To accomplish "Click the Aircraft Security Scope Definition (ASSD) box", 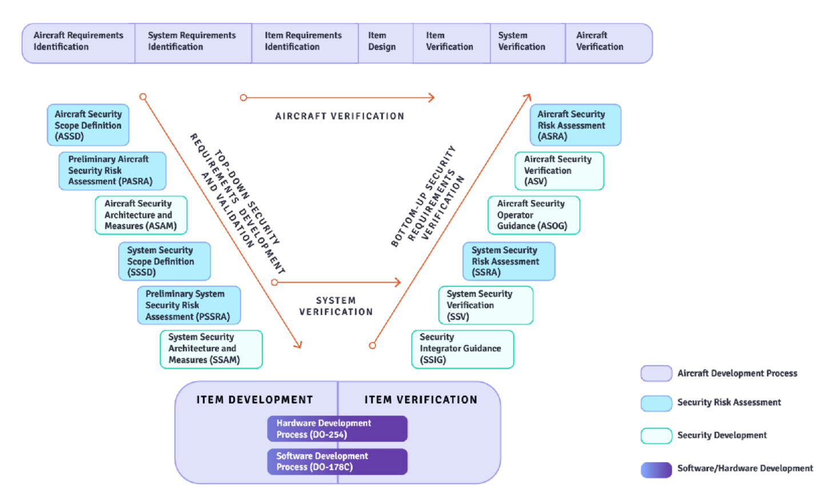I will click(x=88, y=125).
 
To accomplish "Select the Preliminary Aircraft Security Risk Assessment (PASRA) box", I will click(x=113, y=170).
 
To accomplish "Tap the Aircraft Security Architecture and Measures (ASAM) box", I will click(x=141, y=215).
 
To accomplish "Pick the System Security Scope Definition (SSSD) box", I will click(x=165, y=261).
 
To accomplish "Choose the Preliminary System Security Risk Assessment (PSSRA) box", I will click(x=189, y=305).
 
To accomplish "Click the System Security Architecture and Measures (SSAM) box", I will click(x=211, y=349).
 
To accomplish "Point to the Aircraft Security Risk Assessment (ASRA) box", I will click(x=575, y=125).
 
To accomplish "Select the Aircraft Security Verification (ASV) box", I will click(x=559, y=170).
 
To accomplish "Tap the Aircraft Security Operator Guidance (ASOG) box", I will click(x=534, y=215).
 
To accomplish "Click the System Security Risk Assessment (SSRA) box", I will click(x=509, y=261).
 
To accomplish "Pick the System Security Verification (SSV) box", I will click(x=486, y=305).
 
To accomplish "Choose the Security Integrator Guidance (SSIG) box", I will click(x=462, y=349).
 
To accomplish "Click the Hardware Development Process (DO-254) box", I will click(x=337, y=429).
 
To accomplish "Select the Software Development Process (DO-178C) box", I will click(x=337, y=461).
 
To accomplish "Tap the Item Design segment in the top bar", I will click(x=385, y=43).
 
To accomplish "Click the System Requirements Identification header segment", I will click(x=193, y=43).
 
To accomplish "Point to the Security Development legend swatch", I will click(x=656, y=436).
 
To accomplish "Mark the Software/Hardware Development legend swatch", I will click(x=656, y=469).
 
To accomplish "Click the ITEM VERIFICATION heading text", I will click(x=421, y=400).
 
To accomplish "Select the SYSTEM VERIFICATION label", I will click(x=336, y=306).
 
